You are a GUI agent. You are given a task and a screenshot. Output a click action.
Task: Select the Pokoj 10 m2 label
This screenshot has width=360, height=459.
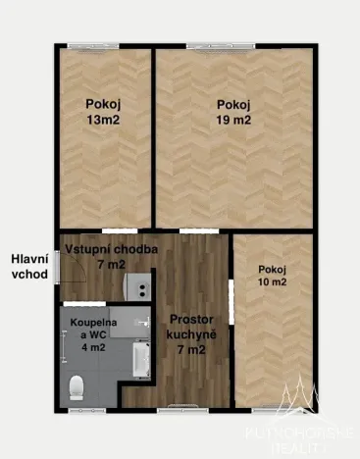click(272, 276)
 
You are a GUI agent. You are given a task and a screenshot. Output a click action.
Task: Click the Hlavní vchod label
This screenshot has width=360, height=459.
click(28, 266)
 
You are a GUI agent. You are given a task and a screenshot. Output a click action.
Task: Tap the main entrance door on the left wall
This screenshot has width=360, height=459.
click(57, 266)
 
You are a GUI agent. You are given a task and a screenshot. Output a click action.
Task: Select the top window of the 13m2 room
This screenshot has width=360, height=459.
click(103, 45)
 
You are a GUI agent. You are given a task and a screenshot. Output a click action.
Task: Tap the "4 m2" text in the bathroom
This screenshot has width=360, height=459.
click(92, 345)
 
